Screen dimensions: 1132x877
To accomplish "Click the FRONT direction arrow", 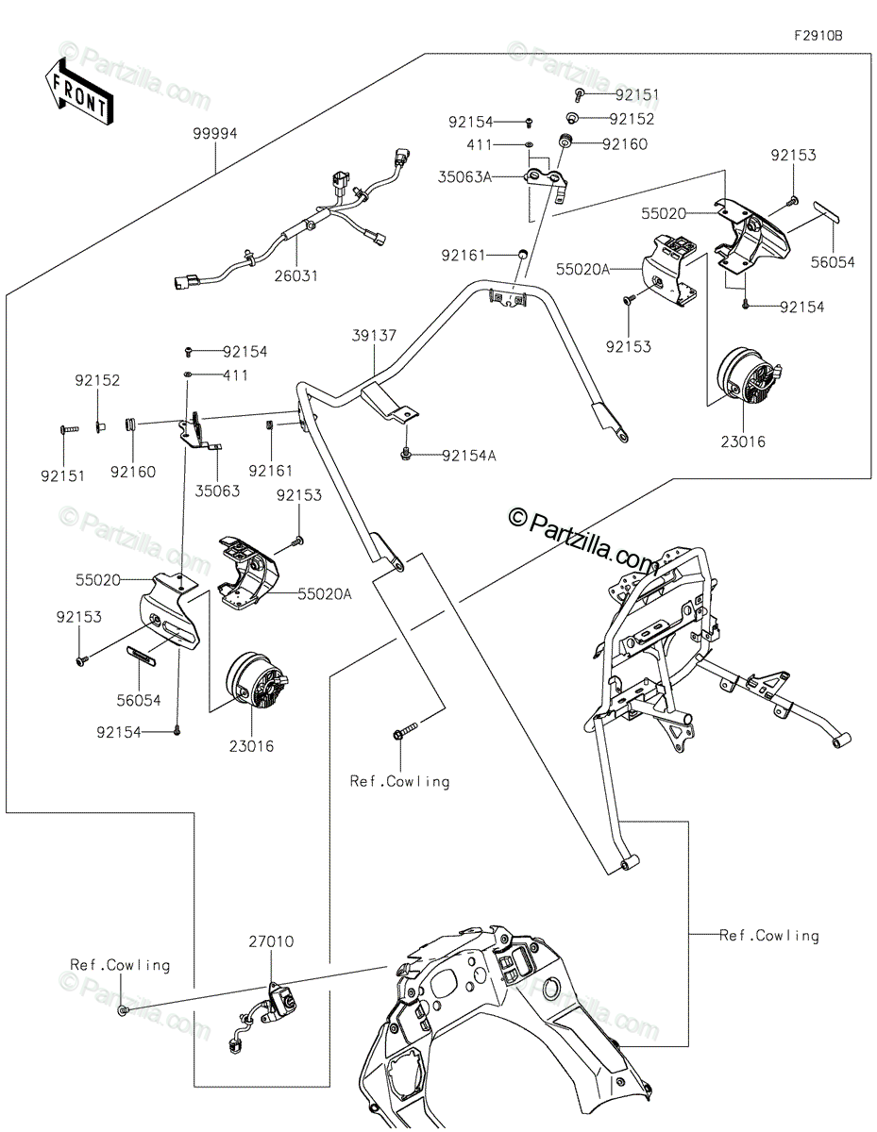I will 78,92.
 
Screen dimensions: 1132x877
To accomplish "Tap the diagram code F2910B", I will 817,36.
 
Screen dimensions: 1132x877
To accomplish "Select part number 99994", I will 216,134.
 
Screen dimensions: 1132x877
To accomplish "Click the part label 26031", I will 297,276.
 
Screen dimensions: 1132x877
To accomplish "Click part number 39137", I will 375,335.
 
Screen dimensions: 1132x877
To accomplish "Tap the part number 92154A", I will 468,456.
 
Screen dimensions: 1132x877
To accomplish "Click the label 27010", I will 271,941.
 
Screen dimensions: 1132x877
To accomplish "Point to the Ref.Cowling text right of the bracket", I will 769,936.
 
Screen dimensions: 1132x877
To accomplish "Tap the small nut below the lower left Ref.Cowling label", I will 123,1010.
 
